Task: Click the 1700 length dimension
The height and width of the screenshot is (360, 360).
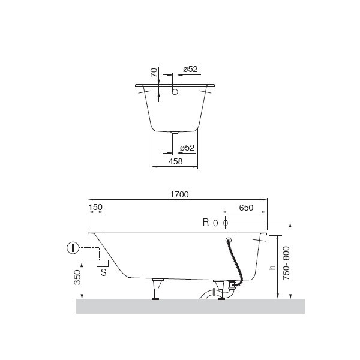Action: coord(179,194)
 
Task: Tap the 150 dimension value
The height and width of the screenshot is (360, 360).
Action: coord(95,207)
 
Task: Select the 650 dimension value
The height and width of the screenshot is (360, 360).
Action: coord(246,208)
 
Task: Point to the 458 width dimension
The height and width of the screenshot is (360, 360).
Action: coord(175,161)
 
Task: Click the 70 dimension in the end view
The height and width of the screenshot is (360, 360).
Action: coord(154,73)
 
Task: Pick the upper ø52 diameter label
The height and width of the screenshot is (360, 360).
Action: coord(190,69)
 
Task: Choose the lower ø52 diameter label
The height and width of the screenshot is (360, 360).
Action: coord(187,148)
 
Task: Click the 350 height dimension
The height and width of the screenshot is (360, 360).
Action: coord(77,277)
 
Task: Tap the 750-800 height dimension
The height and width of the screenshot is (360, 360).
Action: coord(286,263)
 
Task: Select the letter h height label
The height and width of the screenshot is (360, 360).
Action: coord(272,267)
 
